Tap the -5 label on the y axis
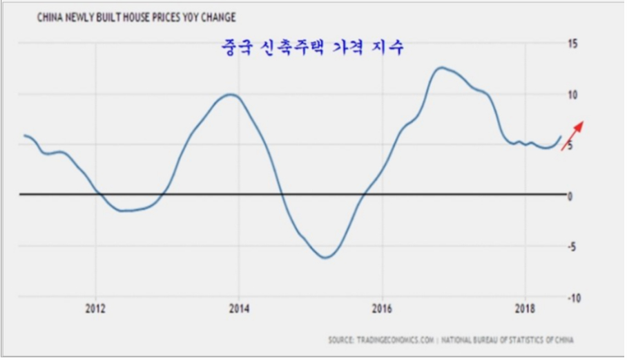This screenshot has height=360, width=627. click(573, 246)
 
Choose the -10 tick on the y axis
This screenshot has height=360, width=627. click(573, 297)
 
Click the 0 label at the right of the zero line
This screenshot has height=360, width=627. click(571, 196)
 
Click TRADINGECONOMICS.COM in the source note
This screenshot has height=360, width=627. click(392, 340)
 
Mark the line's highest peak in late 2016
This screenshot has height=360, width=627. click(441, 68)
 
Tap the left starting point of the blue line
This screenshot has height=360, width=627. click(24, 135)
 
